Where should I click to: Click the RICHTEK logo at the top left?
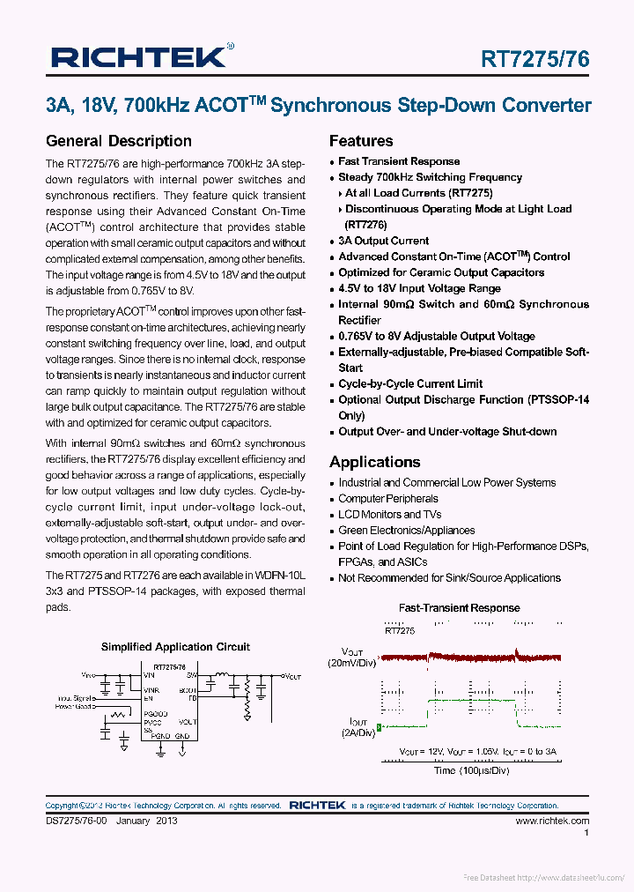point(138,58)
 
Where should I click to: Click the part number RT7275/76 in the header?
point(534,59)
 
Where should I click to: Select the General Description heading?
point(118,141)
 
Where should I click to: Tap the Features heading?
point(361,141)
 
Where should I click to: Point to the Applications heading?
point(375,462)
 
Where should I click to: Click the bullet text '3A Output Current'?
point(383,241)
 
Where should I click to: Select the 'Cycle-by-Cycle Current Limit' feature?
point(410,383)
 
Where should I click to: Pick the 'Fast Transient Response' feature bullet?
point(399,161)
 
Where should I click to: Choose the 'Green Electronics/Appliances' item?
point(406,531)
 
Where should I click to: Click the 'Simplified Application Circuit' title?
point(175,647)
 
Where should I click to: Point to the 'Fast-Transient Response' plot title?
point(459,608)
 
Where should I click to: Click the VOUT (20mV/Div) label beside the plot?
point(351,656)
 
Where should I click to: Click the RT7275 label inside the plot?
point(399,631)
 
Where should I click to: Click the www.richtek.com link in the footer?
point(552,821)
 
